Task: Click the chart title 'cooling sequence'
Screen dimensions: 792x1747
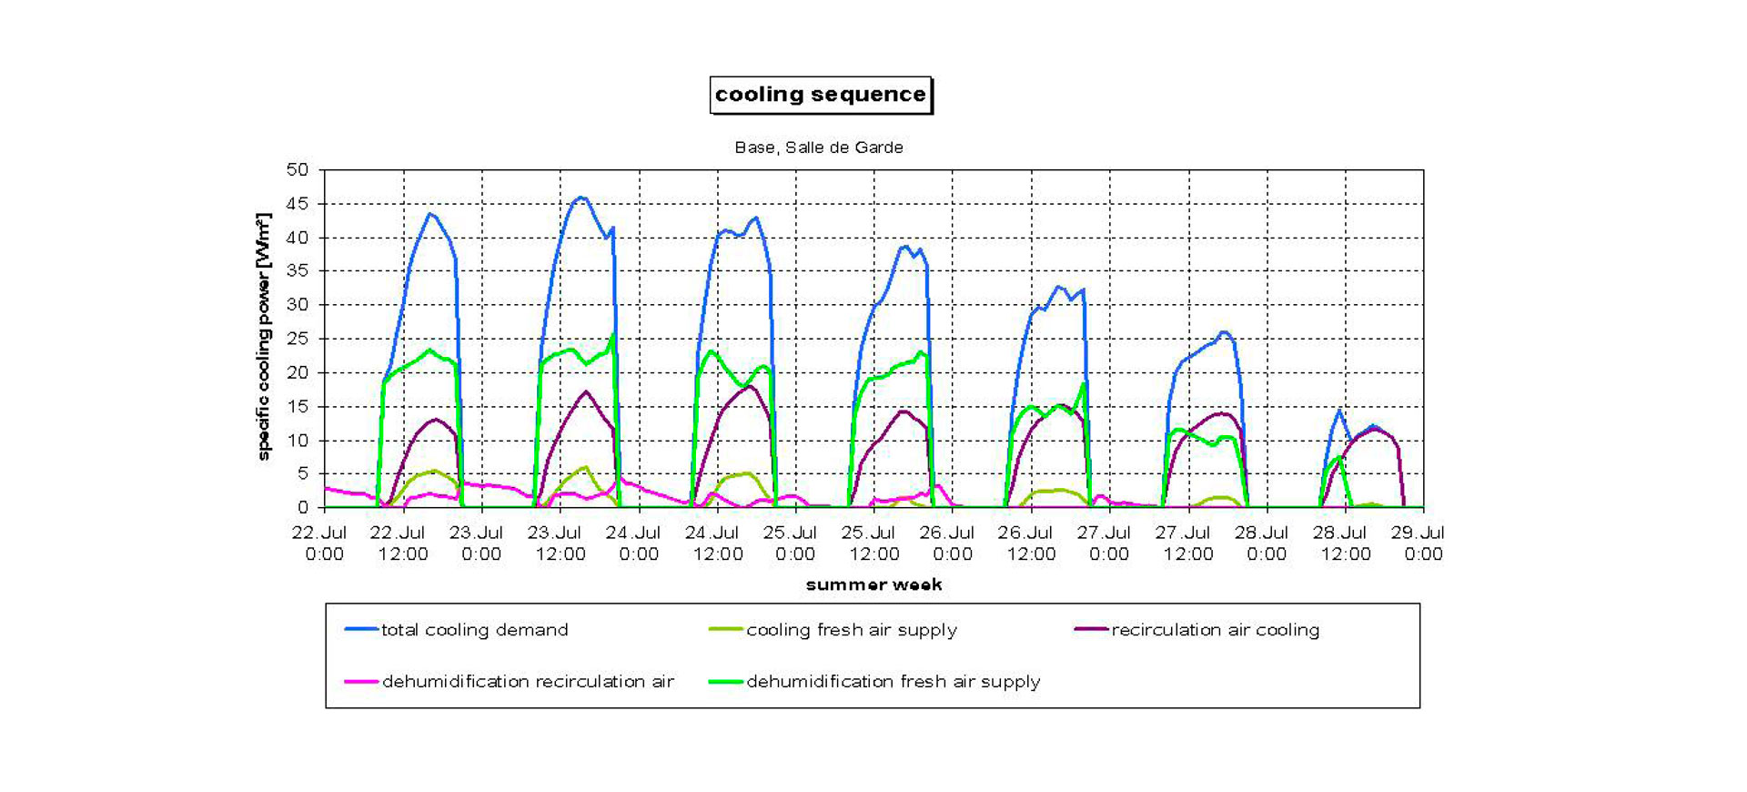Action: tap(820, 95)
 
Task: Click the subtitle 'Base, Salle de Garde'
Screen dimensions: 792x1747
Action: tap(819, 147)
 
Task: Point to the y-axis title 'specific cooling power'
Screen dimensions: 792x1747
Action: tap(264, 337)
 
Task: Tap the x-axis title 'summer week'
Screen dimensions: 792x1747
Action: tap(873, 584)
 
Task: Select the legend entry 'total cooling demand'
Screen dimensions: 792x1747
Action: tap(474, 630)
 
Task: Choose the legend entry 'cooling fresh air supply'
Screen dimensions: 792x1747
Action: tap(851, 630)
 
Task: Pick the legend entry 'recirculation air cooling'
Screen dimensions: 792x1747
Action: tap(1215, 630)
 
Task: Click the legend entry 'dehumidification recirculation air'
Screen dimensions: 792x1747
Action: tap(528, 682)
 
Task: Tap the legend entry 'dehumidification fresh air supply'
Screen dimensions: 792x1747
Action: tap(893, 682)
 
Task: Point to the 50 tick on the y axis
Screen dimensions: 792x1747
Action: tap(298, 170)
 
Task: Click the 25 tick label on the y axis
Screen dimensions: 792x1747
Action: tap(298, 339)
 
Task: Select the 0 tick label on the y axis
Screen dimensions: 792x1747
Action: tap(303, 507)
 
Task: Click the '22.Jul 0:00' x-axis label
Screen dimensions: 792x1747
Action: tap(320, 543)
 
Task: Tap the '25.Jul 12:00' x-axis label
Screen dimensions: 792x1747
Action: tap(872, 543)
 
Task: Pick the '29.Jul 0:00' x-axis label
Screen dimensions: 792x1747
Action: tap(1419, 543)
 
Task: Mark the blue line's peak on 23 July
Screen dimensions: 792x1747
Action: tap(581, 198)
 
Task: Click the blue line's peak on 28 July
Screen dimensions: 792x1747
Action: tap(1338, 411)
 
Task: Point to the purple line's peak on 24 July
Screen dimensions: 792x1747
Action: tap(748, 386)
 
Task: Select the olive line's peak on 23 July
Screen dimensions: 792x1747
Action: tap(585, 467)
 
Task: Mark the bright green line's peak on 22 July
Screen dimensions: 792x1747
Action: tap(430, 350)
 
